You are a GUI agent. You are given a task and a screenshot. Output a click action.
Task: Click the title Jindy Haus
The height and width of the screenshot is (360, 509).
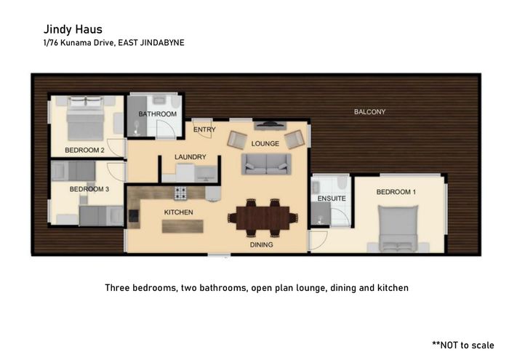pyautogui.click(x=73, y=30)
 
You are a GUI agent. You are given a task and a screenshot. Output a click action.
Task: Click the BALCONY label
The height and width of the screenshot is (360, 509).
pyautogui.click(x=369, y=112)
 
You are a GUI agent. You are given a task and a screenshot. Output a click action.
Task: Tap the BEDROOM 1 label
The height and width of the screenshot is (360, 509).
pyautogui.click(x=396, y=192)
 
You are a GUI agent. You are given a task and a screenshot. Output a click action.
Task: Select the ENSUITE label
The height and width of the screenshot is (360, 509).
pyautogui.click(x=332, y=199)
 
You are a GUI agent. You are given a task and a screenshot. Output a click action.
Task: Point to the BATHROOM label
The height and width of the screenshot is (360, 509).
pyautogui.click(x=158, y=114)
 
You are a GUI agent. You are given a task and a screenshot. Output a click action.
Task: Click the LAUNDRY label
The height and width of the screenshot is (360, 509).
pyautogui.click(x=191, y=157)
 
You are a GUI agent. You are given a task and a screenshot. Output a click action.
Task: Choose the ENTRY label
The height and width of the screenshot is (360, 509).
pyautogui.click(x=204, y=130)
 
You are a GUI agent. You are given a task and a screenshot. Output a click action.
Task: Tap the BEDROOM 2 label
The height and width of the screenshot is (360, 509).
pyautogui.click(x=84, y=151)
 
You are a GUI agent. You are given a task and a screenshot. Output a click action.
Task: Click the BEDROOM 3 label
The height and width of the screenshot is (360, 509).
pyautogui.click(x=89, y=189)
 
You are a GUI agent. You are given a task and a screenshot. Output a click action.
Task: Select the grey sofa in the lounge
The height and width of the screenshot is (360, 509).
pyautogui.click(x=266, y=164)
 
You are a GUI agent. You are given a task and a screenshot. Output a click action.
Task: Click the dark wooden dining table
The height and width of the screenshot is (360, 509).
pyautogui.click(x=262, y=217)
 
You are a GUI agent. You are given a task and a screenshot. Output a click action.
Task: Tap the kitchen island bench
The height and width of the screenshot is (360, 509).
pyautogui.click(x=183, y=226)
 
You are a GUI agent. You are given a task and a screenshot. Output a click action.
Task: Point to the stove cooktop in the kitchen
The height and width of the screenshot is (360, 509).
pyautogui.click(x=180, y=193)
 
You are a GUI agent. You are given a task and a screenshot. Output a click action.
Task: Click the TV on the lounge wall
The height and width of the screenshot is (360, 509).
pyautogui.click(x=270, y=124)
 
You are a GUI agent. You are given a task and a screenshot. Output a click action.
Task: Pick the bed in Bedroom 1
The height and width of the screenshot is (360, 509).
pyautogui.click(x=398, y=228)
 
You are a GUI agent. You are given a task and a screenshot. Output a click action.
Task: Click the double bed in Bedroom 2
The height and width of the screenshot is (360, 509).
pyautogui.click(x=85, y=119)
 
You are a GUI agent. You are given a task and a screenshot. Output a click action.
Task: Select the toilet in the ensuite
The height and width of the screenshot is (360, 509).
pyautogui.click(x=342, y=183)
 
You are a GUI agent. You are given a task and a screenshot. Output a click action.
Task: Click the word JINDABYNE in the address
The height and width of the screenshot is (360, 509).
pyautogui.click(x=162, y=43)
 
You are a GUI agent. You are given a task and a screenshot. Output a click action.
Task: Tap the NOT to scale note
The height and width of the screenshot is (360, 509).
pyautogui.click(x=463, y=345)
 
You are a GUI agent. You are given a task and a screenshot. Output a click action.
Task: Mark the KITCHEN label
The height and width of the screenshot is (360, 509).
pyautogui.click(x=179, y=212)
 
